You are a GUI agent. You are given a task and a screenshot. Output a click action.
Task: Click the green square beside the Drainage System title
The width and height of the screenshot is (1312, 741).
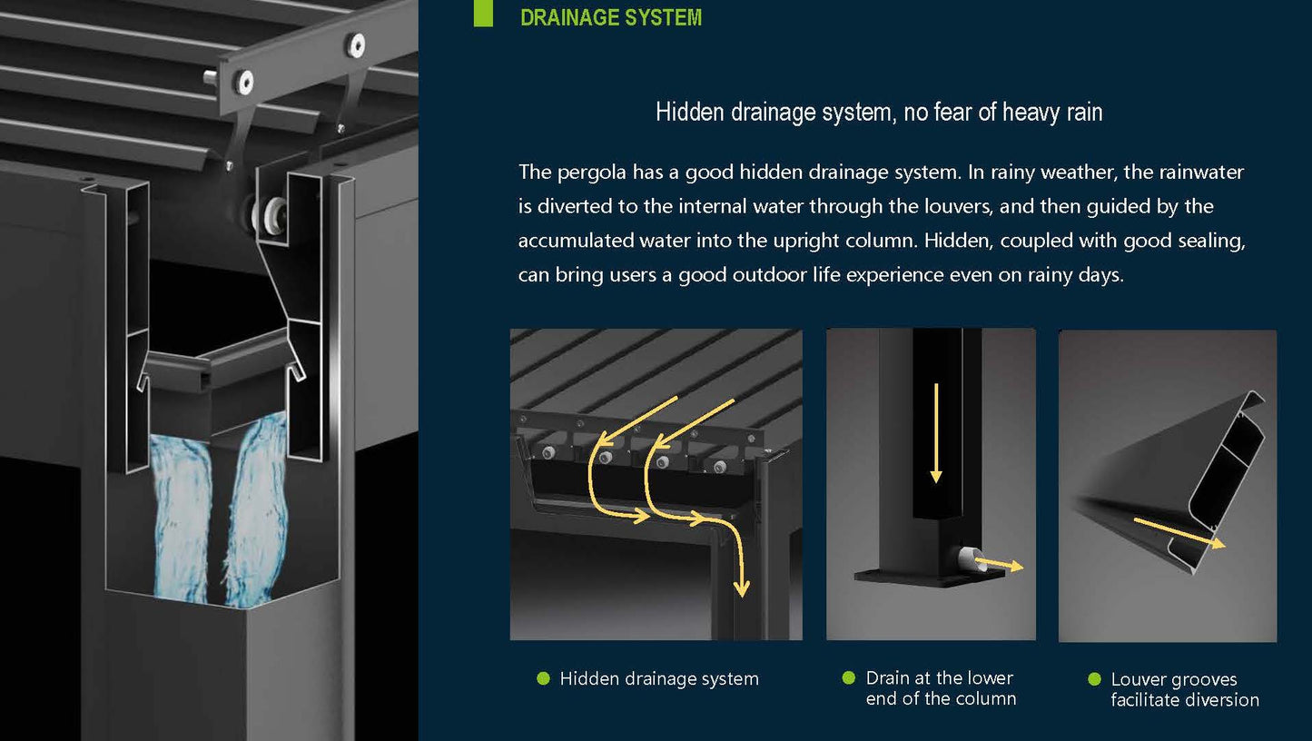click(483, 13)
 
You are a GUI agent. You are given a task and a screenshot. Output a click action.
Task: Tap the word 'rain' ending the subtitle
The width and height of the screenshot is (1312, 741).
click(1084, 112)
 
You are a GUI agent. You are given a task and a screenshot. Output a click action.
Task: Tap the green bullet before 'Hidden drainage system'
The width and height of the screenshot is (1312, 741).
click(543, 678)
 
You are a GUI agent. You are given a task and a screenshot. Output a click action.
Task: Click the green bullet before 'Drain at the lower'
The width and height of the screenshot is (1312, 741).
click(848, 677)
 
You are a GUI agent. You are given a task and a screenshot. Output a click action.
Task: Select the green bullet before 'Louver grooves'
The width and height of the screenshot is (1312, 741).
click(1094, 679)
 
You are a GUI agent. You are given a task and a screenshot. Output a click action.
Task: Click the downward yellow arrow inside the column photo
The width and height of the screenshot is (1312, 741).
click(936, 433)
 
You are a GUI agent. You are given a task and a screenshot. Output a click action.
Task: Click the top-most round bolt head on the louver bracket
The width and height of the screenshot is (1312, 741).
click(356, 45)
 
